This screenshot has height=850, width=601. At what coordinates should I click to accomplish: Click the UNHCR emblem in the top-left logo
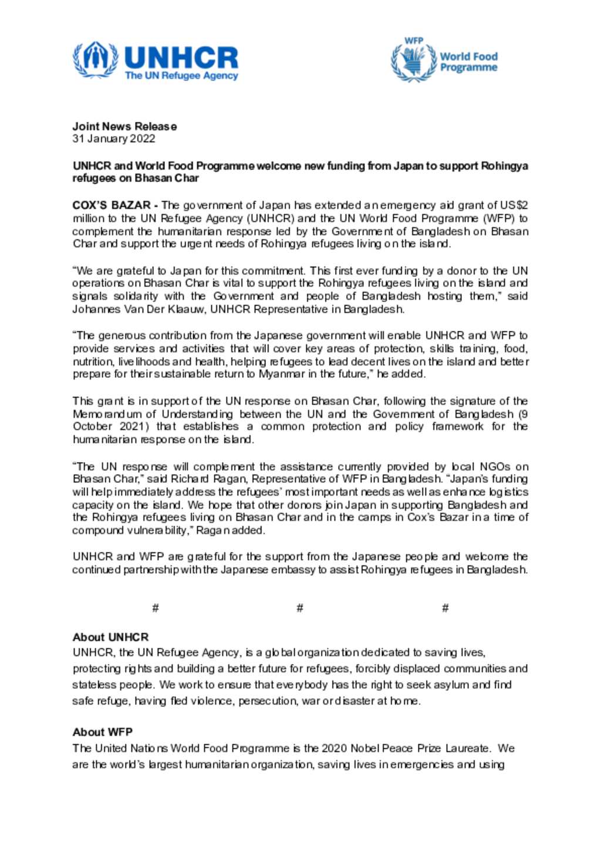pyautogui.click(x=94, y=59)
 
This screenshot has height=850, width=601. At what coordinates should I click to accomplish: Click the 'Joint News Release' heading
pyautogui.click(x=124, y=126)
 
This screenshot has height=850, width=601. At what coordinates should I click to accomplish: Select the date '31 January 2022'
pyautogui.click(x=114, y=139)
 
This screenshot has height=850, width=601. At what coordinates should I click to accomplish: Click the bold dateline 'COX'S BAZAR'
pyautogui.click(x=112, y=205)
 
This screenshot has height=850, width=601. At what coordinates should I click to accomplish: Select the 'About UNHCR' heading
pyautogui.click(x=111, y=637)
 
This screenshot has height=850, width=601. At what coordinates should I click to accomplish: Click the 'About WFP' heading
pyautogui.click(x=103, y=732)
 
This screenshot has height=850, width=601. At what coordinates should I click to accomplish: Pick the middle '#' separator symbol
pyautogui.click(x=300, y=608)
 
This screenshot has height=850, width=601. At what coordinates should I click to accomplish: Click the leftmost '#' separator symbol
pyautogui.click(x=156, y=608)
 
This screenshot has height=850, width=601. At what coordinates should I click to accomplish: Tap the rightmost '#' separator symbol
pyautogui.click(x=445, y=608)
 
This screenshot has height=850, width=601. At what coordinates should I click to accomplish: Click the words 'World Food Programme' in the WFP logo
pyautogui.click(x=468, y=62)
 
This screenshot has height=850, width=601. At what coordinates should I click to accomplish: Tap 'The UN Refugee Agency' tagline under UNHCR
pyautogui.click(x=181, y=76)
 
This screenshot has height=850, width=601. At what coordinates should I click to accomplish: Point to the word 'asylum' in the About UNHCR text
pyautogui.click(x=450, y=685)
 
